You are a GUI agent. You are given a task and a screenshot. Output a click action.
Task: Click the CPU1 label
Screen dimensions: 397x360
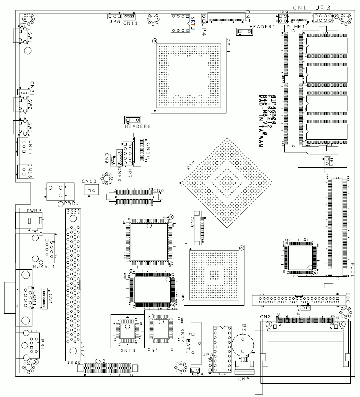click(229, 46)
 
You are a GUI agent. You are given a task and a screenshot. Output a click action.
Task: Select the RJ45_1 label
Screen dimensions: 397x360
click(42, 266)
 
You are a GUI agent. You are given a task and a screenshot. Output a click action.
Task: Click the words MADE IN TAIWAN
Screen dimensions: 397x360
click(262, 121)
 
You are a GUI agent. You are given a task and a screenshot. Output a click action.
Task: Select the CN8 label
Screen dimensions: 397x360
click(100, 361)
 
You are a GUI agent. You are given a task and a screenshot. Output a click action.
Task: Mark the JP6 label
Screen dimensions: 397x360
click(199, 375)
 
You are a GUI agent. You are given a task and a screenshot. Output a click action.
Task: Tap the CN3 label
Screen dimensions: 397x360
click(244, 379)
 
